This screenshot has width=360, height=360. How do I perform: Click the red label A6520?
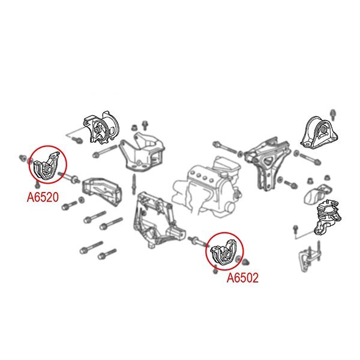(43, 197)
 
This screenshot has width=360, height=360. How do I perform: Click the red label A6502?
(242, 278)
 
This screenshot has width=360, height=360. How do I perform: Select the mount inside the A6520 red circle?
(47, 166)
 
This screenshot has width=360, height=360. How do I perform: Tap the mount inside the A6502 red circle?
(224, 253)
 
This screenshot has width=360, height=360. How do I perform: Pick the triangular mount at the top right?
(319, 133)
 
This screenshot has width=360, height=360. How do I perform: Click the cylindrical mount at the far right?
(328, 218)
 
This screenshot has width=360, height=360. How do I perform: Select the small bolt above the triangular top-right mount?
(334, 115)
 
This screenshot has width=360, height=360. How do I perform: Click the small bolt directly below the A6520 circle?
(37, 184)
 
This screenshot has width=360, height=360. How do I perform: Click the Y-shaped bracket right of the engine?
(268, 163)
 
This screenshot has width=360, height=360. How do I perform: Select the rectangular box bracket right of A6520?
(102, 191)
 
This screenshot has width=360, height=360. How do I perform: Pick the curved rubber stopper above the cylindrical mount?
(318, 194)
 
